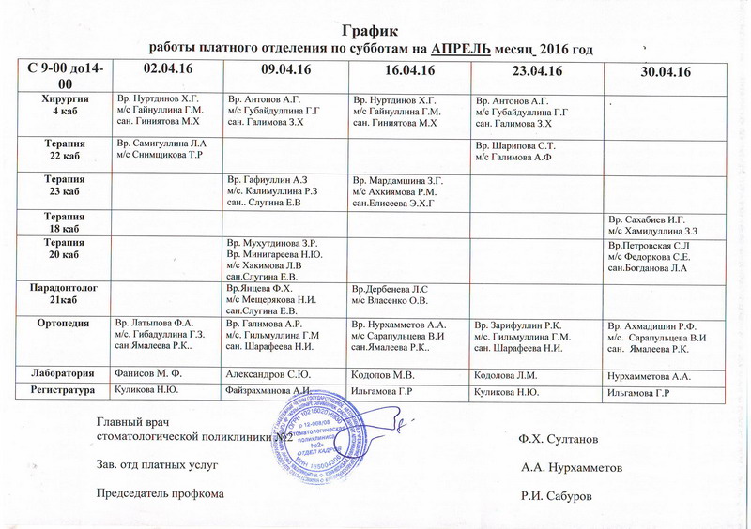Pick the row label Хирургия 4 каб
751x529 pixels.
point(63,103)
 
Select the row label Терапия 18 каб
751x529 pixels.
point(63,220)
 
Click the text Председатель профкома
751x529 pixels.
point(161,492)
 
